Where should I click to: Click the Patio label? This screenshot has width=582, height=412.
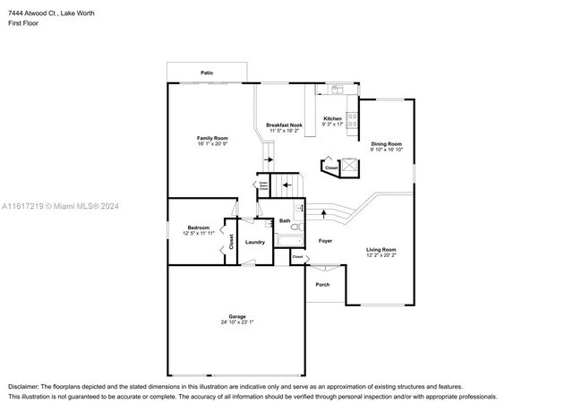coord(206,72)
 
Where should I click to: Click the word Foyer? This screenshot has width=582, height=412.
coord(325,241)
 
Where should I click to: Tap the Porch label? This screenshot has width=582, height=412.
coord(322,285)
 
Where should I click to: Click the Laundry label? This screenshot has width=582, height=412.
coord(254,242)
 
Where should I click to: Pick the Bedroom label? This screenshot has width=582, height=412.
coord(198,227)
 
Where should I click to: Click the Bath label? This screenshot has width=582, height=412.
coord(284,220)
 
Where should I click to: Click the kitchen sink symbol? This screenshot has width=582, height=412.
coord(338,88)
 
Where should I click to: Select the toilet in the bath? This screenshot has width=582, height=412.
coord(300,223)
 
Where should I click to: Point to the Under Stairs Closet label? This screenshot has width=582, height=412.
coord(264,187)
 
